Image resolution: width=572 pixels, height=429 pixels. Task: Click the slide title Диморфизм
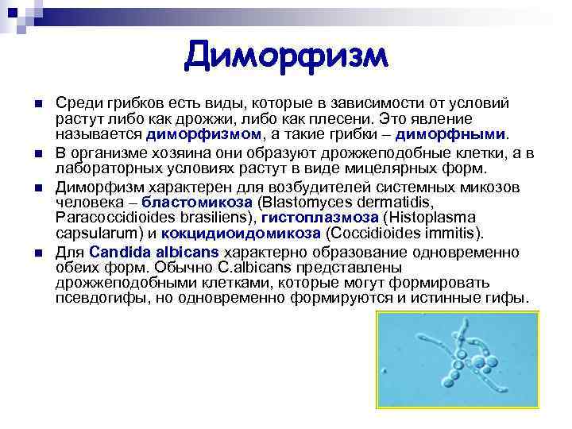[x=286, y=56]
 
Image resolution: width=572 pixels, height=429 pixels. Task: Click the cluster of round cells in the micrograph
[x=454, y=368]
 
